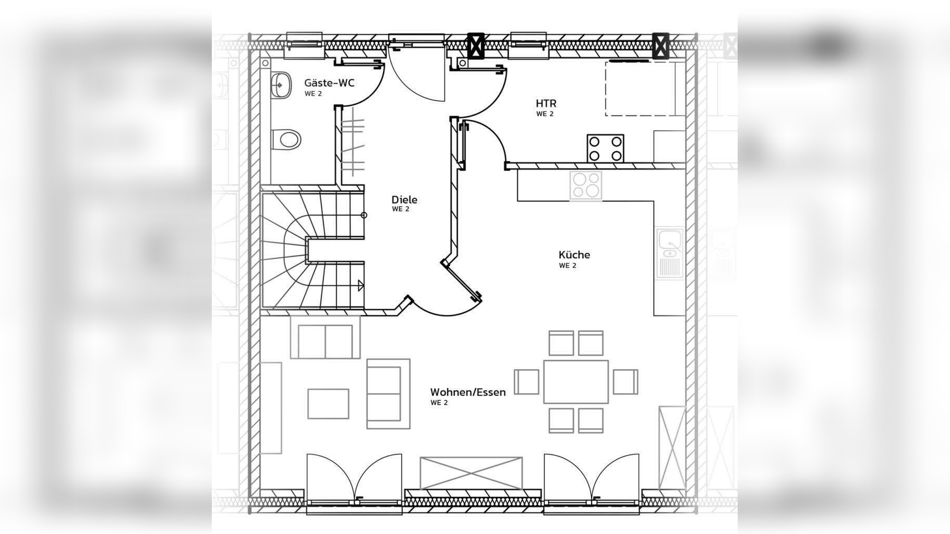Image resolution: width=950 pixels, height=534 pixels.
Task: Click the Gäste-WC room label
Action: (x=329, y=83)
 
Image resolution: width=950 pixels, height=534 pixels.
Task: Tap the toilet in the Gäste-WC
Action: (x=286, y=139)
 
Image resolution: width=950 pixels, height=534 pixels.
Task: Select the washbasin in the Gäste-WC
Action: (x=280, y=84)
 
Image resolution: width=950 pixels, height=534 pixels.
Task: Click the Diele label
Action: (x=404, y=200)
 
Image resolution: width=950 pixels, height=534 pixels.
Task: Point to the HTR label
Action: (x=546, y=103)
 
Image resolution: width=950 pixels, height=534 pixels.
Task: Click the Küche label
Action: (x=574, y=254)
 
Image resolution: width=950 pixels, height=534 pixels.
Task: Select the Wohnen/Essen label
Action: (x=468, y=392)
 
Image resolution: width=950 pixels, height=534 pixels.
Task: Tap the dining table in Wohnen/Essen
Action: (x=576, y=382)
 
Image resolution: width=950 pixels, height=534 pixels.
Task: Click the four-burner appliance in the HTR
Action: (x=606, y=148)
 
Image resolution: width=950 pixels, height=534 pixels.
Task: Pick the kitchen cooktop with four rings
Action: (x=585, y=185)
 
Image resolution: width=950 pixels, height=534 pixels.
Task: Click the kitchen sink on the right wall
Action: (x=670, y=253)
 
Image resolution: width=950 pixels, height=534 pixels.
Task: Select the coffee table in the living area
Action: (x=328, y=404)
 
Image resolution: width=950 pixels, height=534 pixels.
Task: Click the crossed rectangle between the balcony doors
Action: (x=471, y=474)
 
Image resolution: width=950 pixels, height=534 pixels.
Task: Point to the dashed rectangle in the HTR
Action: (x=640, y=89)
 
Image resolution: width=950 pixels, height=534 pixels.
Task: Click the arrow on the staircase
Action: (x=361, y=285)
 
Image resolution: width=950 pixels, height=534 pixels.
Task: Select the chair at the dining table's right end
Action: (x=625, y=382)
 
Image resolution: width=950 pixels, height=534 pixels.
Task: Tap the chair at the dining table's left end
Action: (x=526, y=382)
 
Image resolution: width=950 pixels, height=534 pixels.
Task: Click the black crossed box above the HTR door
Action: (x=475, y=45)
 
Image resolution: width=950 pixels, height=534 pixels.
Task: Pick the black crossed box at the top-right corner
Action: (x=661, y=45)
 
